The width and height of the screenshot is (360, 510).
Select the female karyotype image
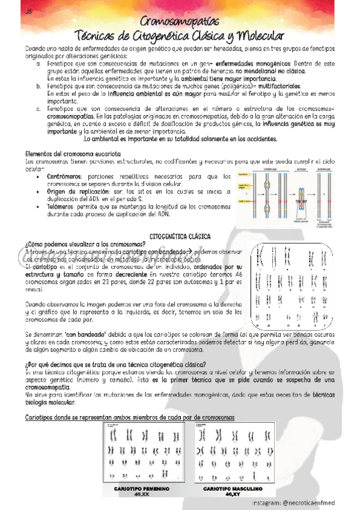[x=142, y=451]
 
